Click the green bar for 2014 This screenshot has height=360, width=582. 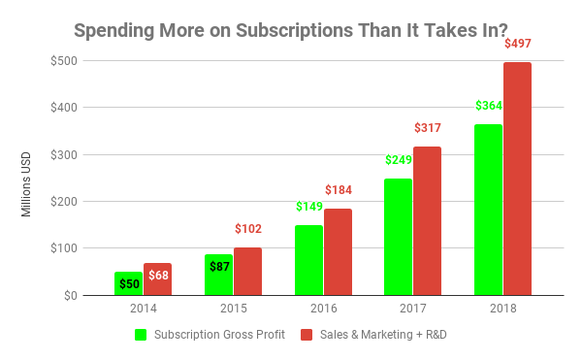[128, 283]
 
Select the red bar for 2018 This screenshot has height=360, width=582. [517, 179]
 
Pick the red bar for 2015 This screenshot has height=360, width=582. [247, 271]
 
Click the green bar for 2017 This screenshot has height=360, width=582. [398, 237]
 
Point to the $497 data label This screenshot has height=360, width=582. [518, 45]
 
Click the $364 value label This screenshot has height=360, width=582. [489, 106]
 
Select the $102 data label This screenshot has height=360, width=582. [248, 229]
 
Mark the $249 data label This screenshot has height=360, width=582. [399, 160]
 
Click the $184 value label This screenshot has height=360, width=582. [338, 189]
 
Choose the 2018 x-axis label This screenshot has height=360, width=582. [502, 309]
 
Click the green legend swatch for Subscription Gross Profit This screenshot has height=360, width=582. [140, 335]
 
